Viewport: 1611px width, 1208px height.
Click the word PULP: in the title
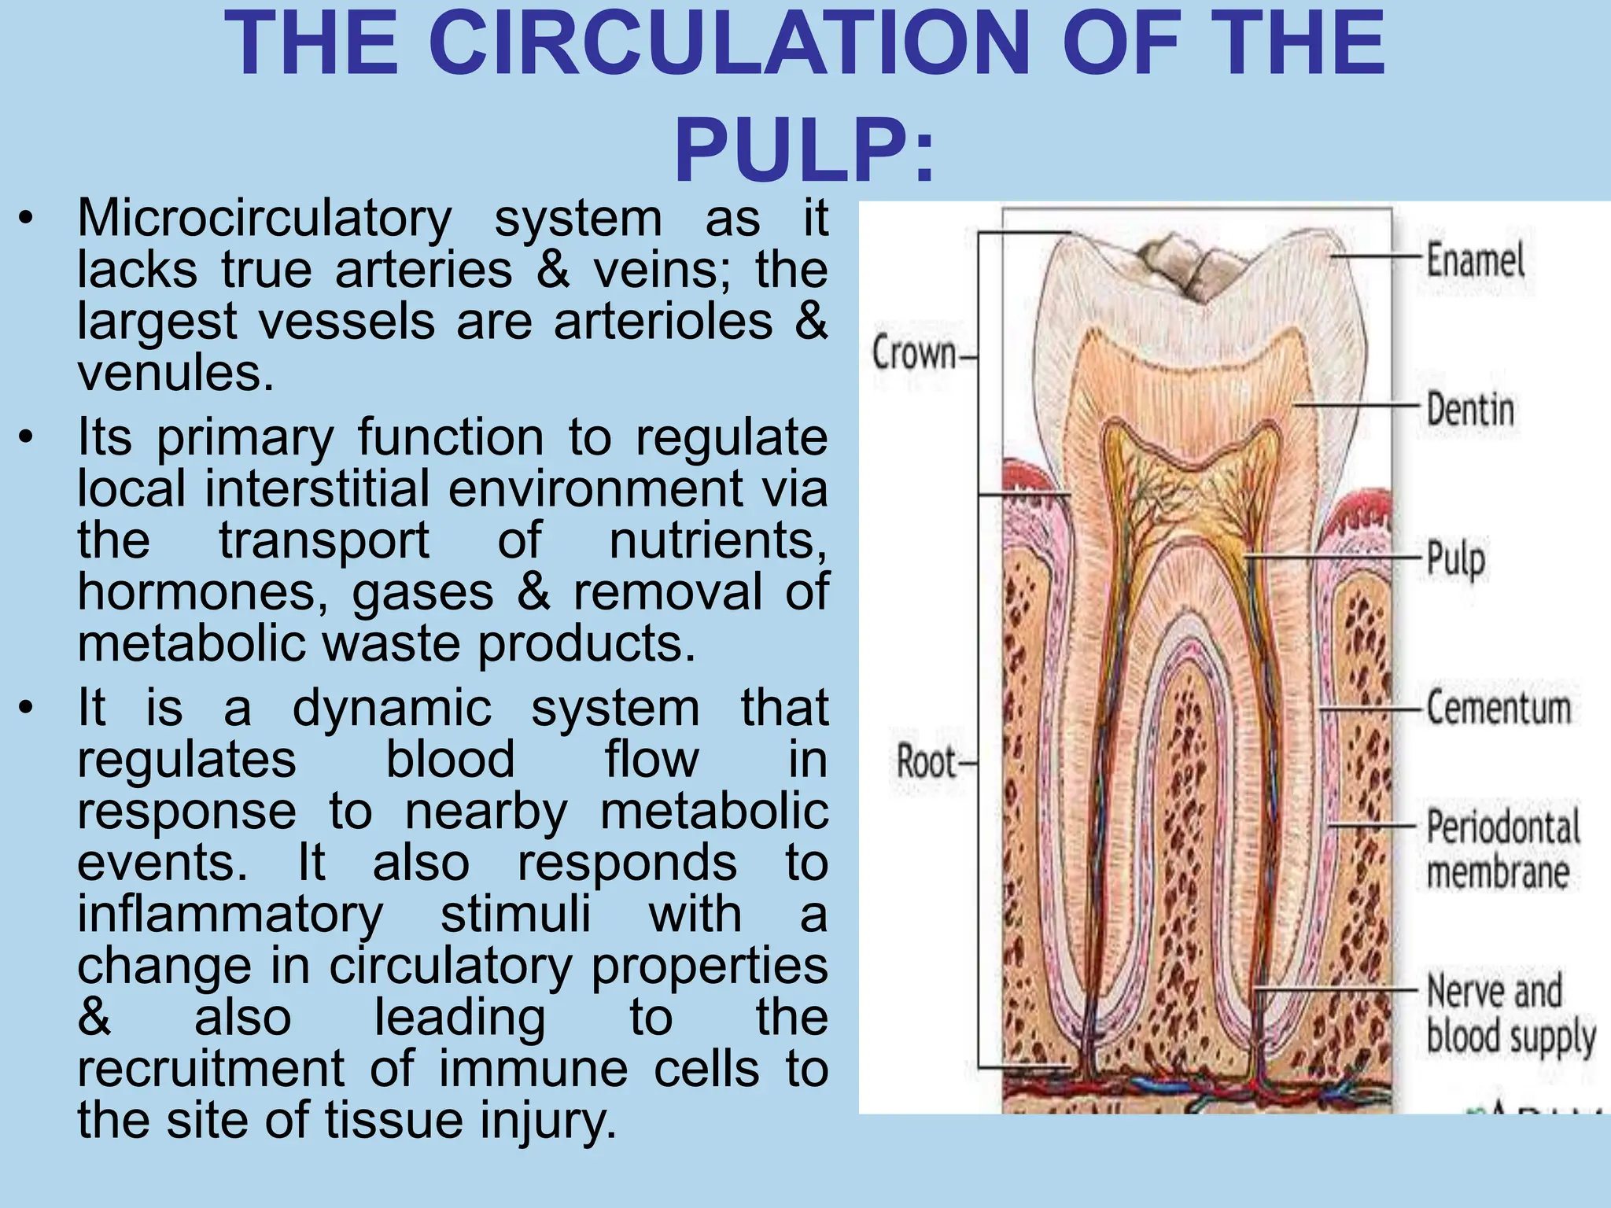(805, 149)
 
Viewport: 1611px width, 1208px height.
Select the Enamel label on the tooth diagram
(1476, 260)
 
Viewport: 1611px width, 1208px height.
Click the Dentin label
(1470, 410)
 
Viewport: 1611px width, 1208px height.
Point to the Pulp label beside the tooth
(1457, 558)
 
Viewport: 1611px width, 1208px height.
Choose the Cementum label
(1499, 707)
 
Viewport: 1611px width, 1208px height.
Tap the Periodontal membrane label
(1502, 849)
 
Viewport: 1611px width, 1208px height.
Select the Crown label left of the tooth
(914, 354)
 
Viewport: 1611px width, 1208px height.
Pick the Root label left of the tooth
(927, 761)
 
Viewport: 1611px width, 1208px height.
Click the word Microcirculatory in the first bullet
(264, 218)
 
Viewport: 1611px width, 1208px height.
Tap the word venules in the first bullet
(175, 373)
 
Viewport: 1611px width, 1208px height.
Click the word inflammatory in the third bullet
(230, 914)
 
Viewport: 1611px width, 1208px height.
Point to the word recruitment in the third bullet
(211, 1068)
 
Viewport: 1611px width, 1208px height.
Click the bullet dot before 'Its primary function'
(27, 437)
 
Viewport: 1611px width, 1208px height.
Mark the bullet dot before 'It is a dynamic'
(27, 708)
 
